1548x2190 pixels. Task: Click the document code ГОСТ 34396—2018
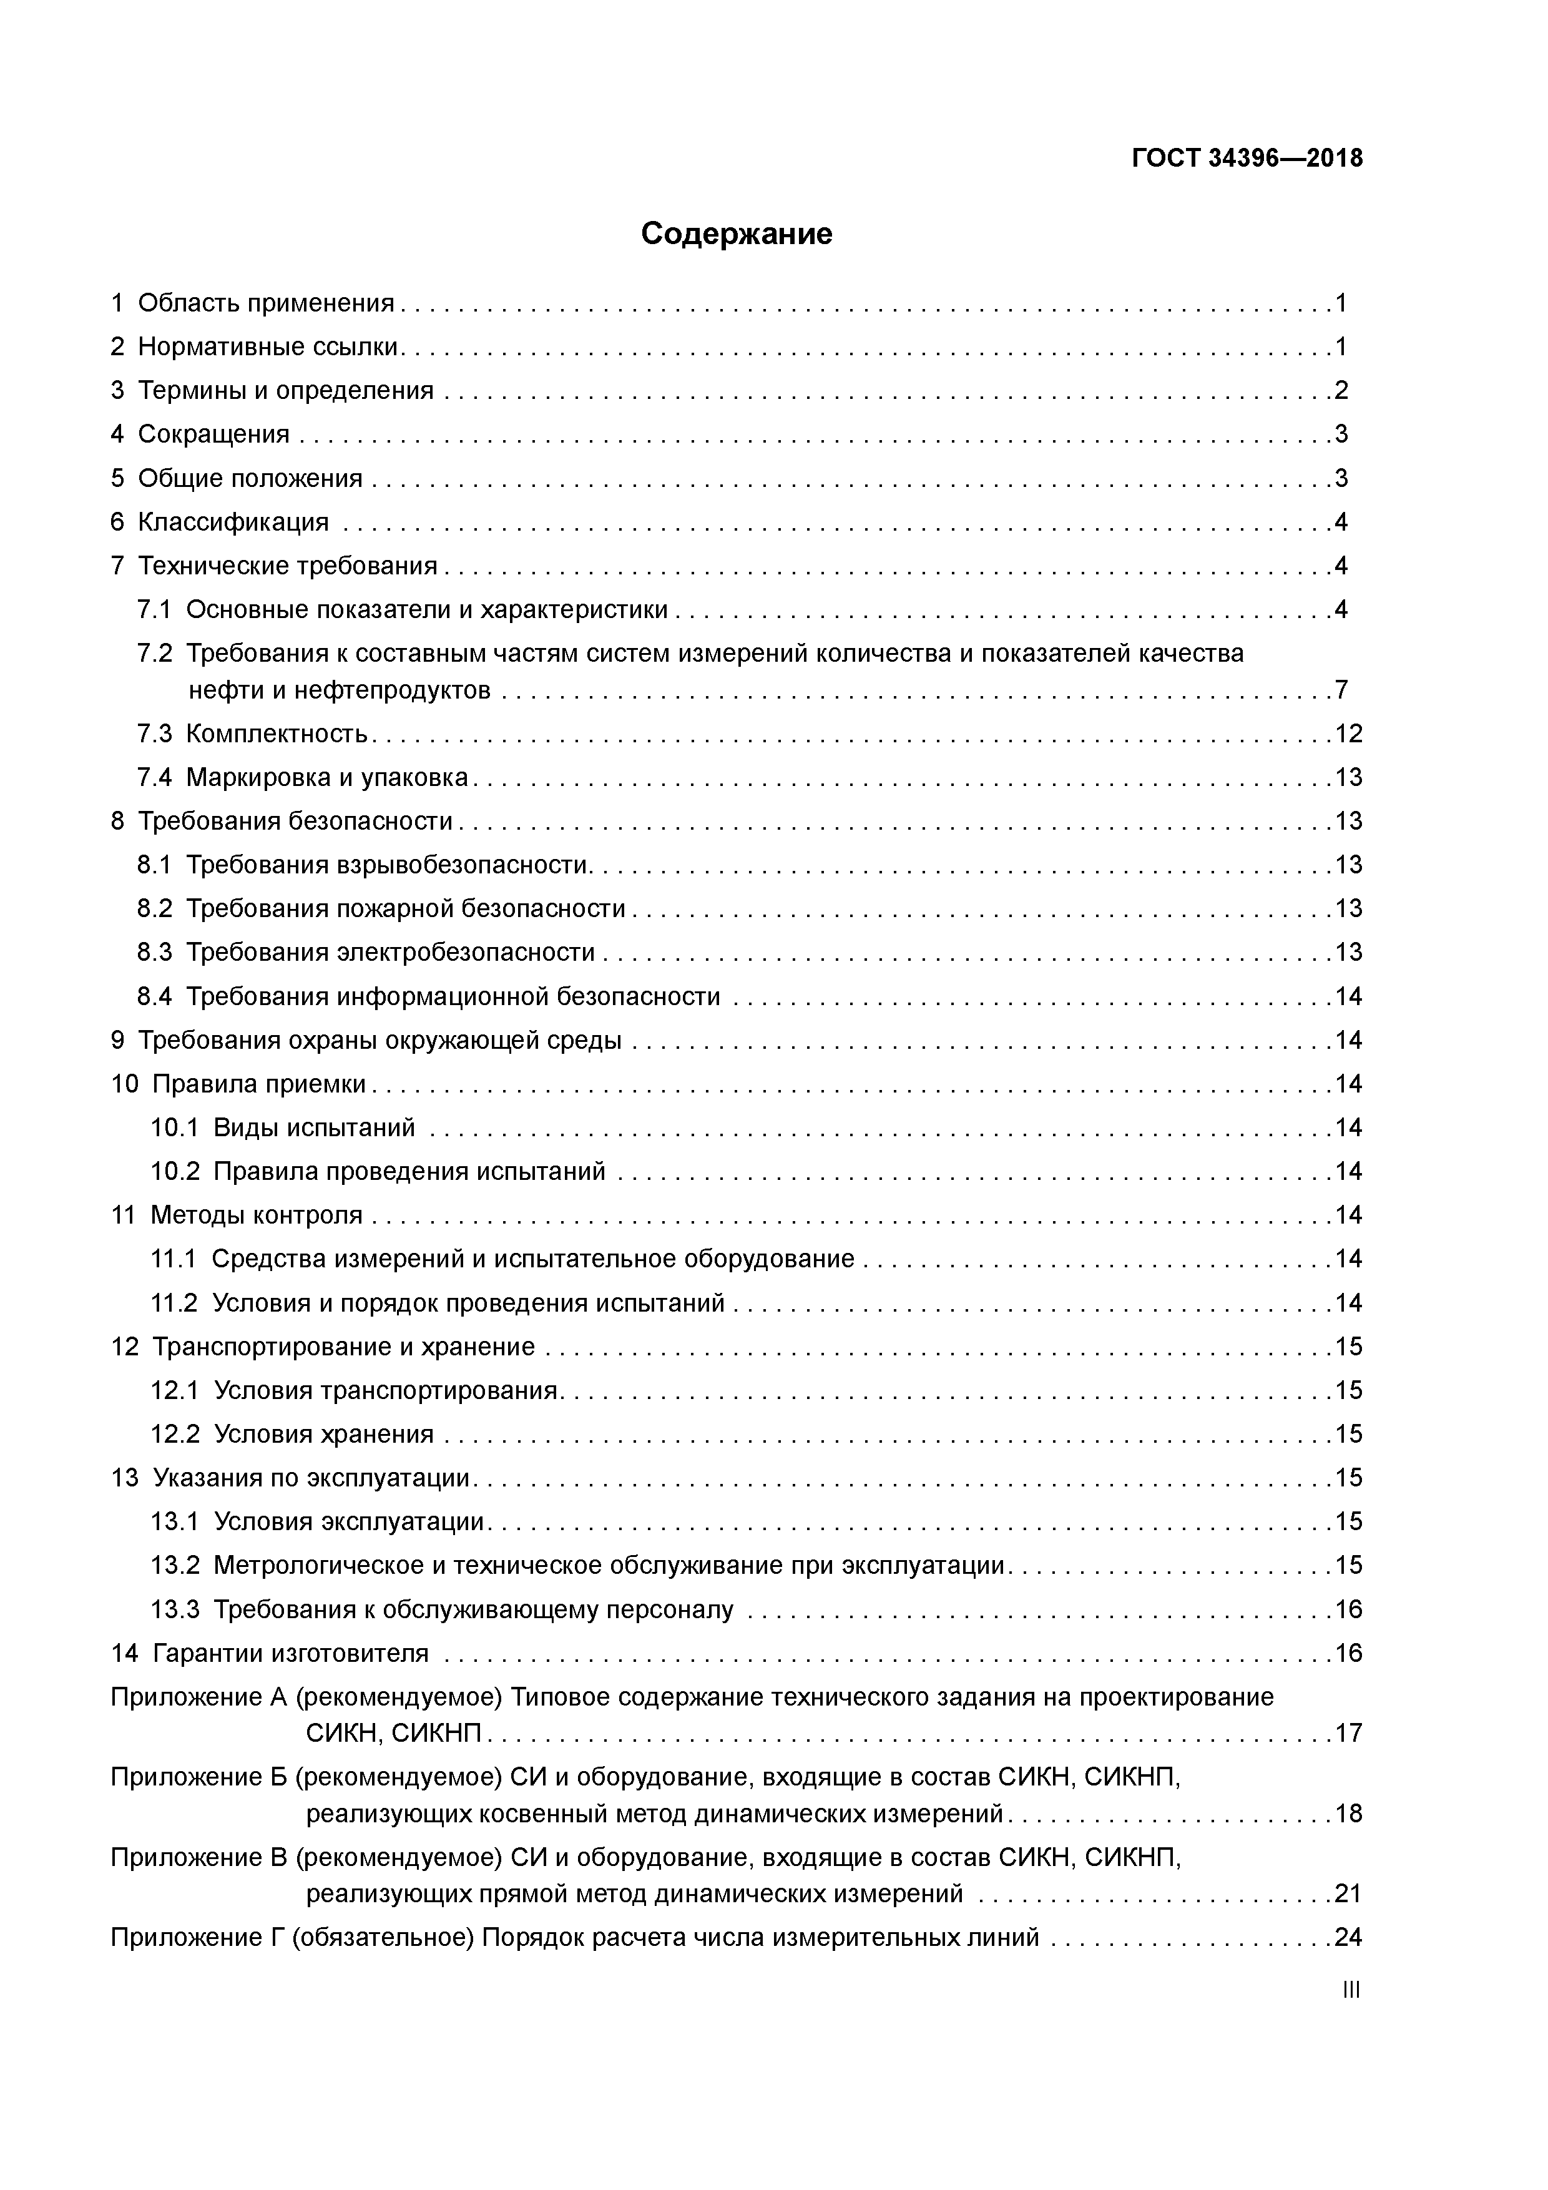[1247, 159]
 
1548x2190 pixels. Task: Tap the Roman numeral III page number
[1350, 1990]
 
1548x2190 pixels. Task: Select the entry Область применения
[265, 303]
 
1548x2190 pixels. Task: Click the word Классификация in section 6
[233, 522]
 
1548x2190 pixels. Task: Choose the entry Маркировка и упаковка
[326, 777]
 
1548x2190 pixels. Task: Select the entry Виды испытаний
[314, 1127]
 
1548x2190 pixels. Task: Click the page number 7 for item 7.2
[1341, 690]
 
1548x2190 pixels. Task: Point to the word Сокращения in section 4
[213, 434]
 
